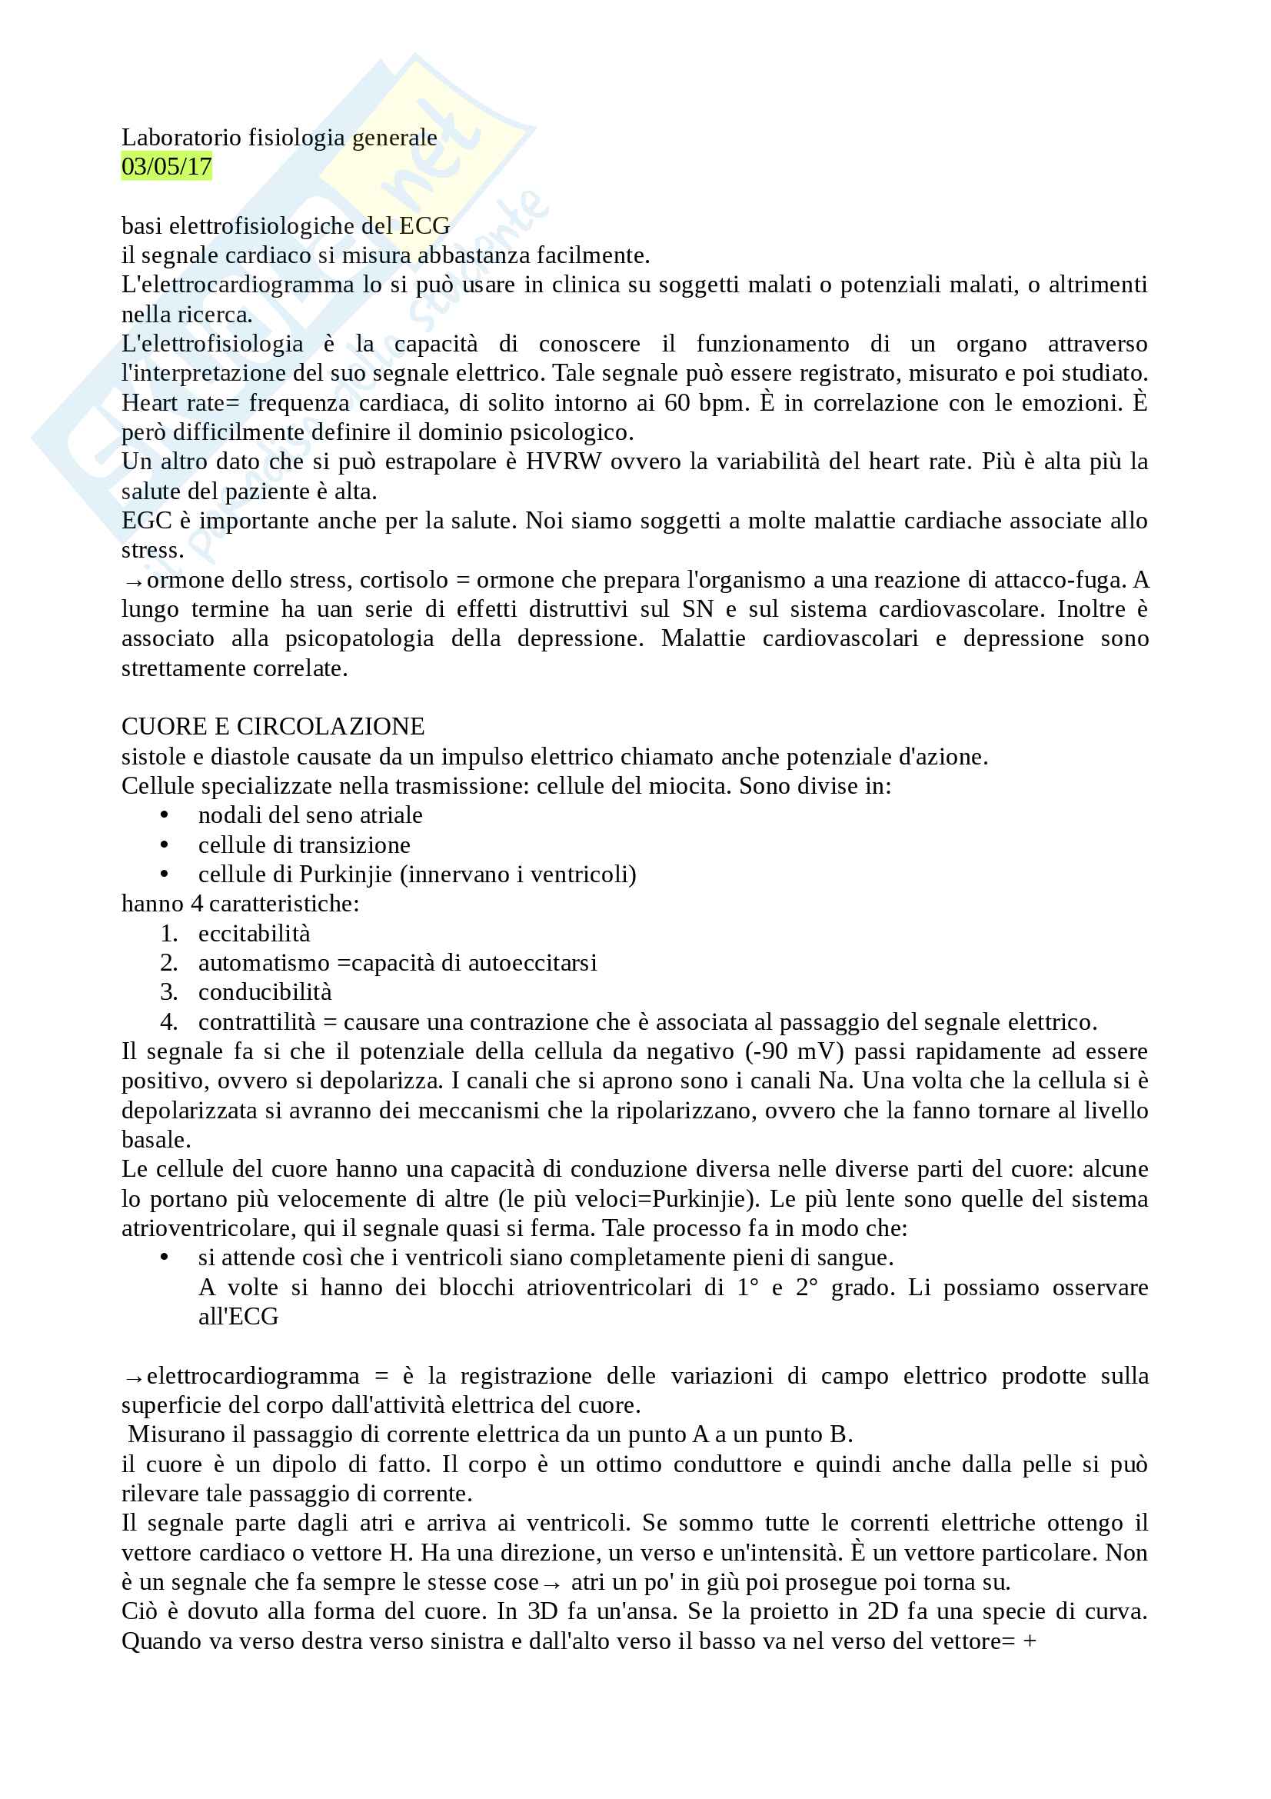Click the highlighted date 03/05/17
[x=166, y=167]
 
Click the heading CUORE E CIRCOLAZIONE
[x=272, y=726]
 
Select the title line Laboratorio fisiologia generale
[x=279, y=137]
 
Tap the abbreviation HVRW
[x=563, y=461]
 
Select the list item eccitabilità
[x=254, y=933]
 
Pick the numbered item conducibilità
[x=265, y=992]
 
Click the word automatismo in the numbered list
[x=264, y=963]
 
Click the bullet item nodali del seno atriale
[x=310, y=815]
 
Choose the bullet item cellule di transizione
[x=304, y=845]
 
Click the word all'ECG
[x=238, y=1316]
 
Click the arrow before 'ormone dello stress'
[x=133, y=582]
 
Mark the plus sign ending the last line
[x=1030, y=1641]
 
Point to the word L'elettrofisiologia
[x=212, y=344]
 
